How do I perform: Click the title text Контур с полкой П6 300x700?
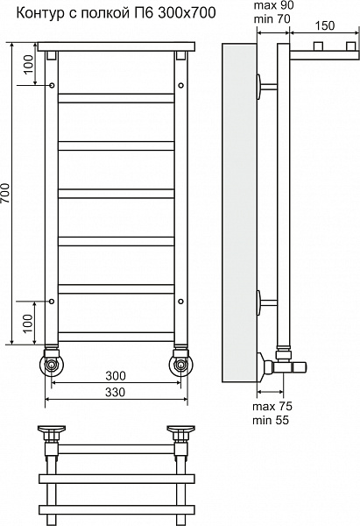116,13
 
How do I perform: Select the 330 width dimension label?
116,392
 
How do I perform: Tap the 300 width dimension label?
116,376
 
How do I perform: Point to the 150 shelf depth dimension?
324,25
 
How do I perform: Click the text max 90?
273,6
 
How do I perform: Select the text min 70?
272,19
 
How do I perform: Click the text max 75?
272,406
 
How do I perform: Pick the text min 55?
271,420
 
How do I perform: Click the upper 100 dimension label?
30,64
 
